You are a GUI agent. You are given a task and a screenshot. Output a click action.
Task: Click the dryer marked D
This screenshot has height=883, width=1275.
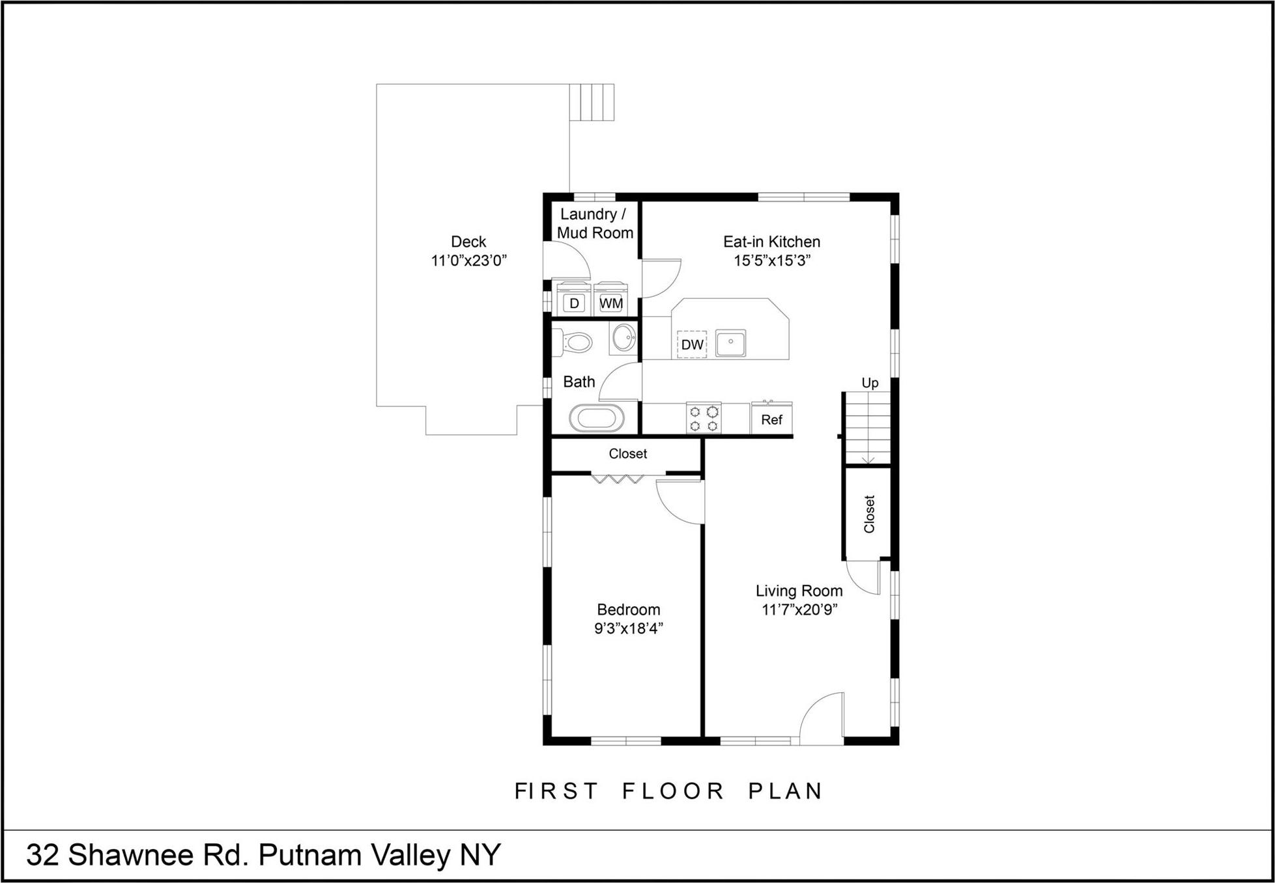tap(574, 303)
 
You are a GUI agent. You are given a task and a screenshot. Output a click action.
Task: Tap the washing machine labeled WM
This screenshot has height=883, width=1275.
tap(610, 303)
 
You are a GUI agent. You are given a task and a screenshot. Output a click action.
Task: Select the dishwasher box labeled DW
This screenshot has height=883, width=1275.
tap(692, 344)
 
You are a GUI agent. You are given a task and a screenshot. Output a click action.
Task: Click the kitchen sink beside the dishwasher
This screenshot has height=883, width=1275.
tap(730, 343)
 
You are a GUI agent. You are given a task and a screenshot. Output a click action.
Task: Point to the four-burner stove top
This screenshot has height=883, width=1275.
tap(704, 418)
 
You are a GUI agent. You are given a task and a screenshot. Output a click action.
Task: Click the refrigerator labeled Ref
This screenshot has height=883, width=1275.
tap(771, 419)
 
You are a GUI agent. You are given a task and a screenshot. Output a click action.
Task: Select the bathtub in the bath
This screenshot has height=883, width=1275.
tap(596, 418)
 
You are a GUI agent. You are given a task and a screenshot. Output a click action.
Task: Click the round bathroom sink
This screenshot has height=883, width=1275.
tap(623, 338)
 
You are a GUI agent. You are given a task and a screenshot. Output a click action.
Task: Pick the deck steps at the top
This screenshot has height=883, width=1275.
tap(592, 102)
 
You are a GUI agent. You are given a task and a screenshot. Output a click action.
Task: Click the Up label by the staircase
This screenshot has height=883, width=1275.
tap(870, 383)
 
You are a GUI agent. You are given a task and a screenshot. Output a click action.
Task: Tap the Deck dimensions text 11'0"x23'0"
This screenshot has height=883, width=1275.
tap(468, 260)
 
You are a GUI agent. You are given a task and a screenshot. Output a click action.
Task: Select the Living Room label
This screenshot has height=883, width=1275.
tap(799, 591)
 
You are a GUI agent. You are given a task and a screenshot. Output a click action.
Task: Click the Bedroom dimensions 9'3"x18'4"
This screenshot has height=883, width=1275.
tap(628, 628)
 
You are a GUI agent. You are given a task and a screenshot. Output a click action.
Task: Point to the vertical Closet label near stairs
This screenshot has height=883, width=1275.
tap(869, 514)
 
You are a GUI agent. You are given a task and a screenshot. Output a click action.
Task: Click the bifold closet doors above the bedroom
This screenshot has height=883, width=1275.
tap(618, 479)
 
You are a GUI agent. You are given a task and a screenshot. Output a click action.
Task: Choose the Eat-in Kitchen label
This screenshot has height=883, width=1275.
tap(771, 242)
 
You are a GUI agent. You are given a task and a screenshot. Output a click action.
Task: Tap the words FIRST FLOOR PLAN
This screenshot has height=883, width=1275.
tap(669, 791)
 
